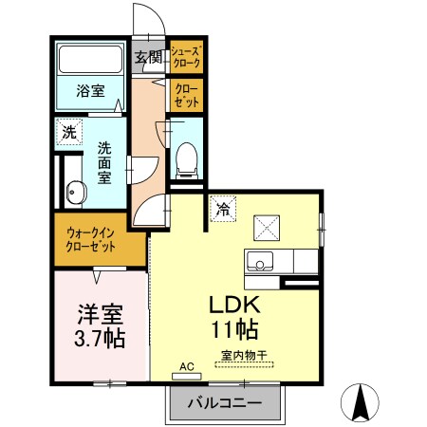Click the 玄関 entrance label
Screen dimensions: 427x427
148,56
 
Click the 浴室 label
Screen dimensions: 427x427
91,92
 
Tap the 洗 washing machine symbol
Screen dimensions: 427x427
69,131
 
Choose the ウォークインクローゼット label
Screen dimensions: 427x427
91,238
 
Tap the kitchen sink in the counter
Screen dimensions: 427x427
258,260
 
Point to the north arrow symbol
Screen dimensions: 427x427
362,402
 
